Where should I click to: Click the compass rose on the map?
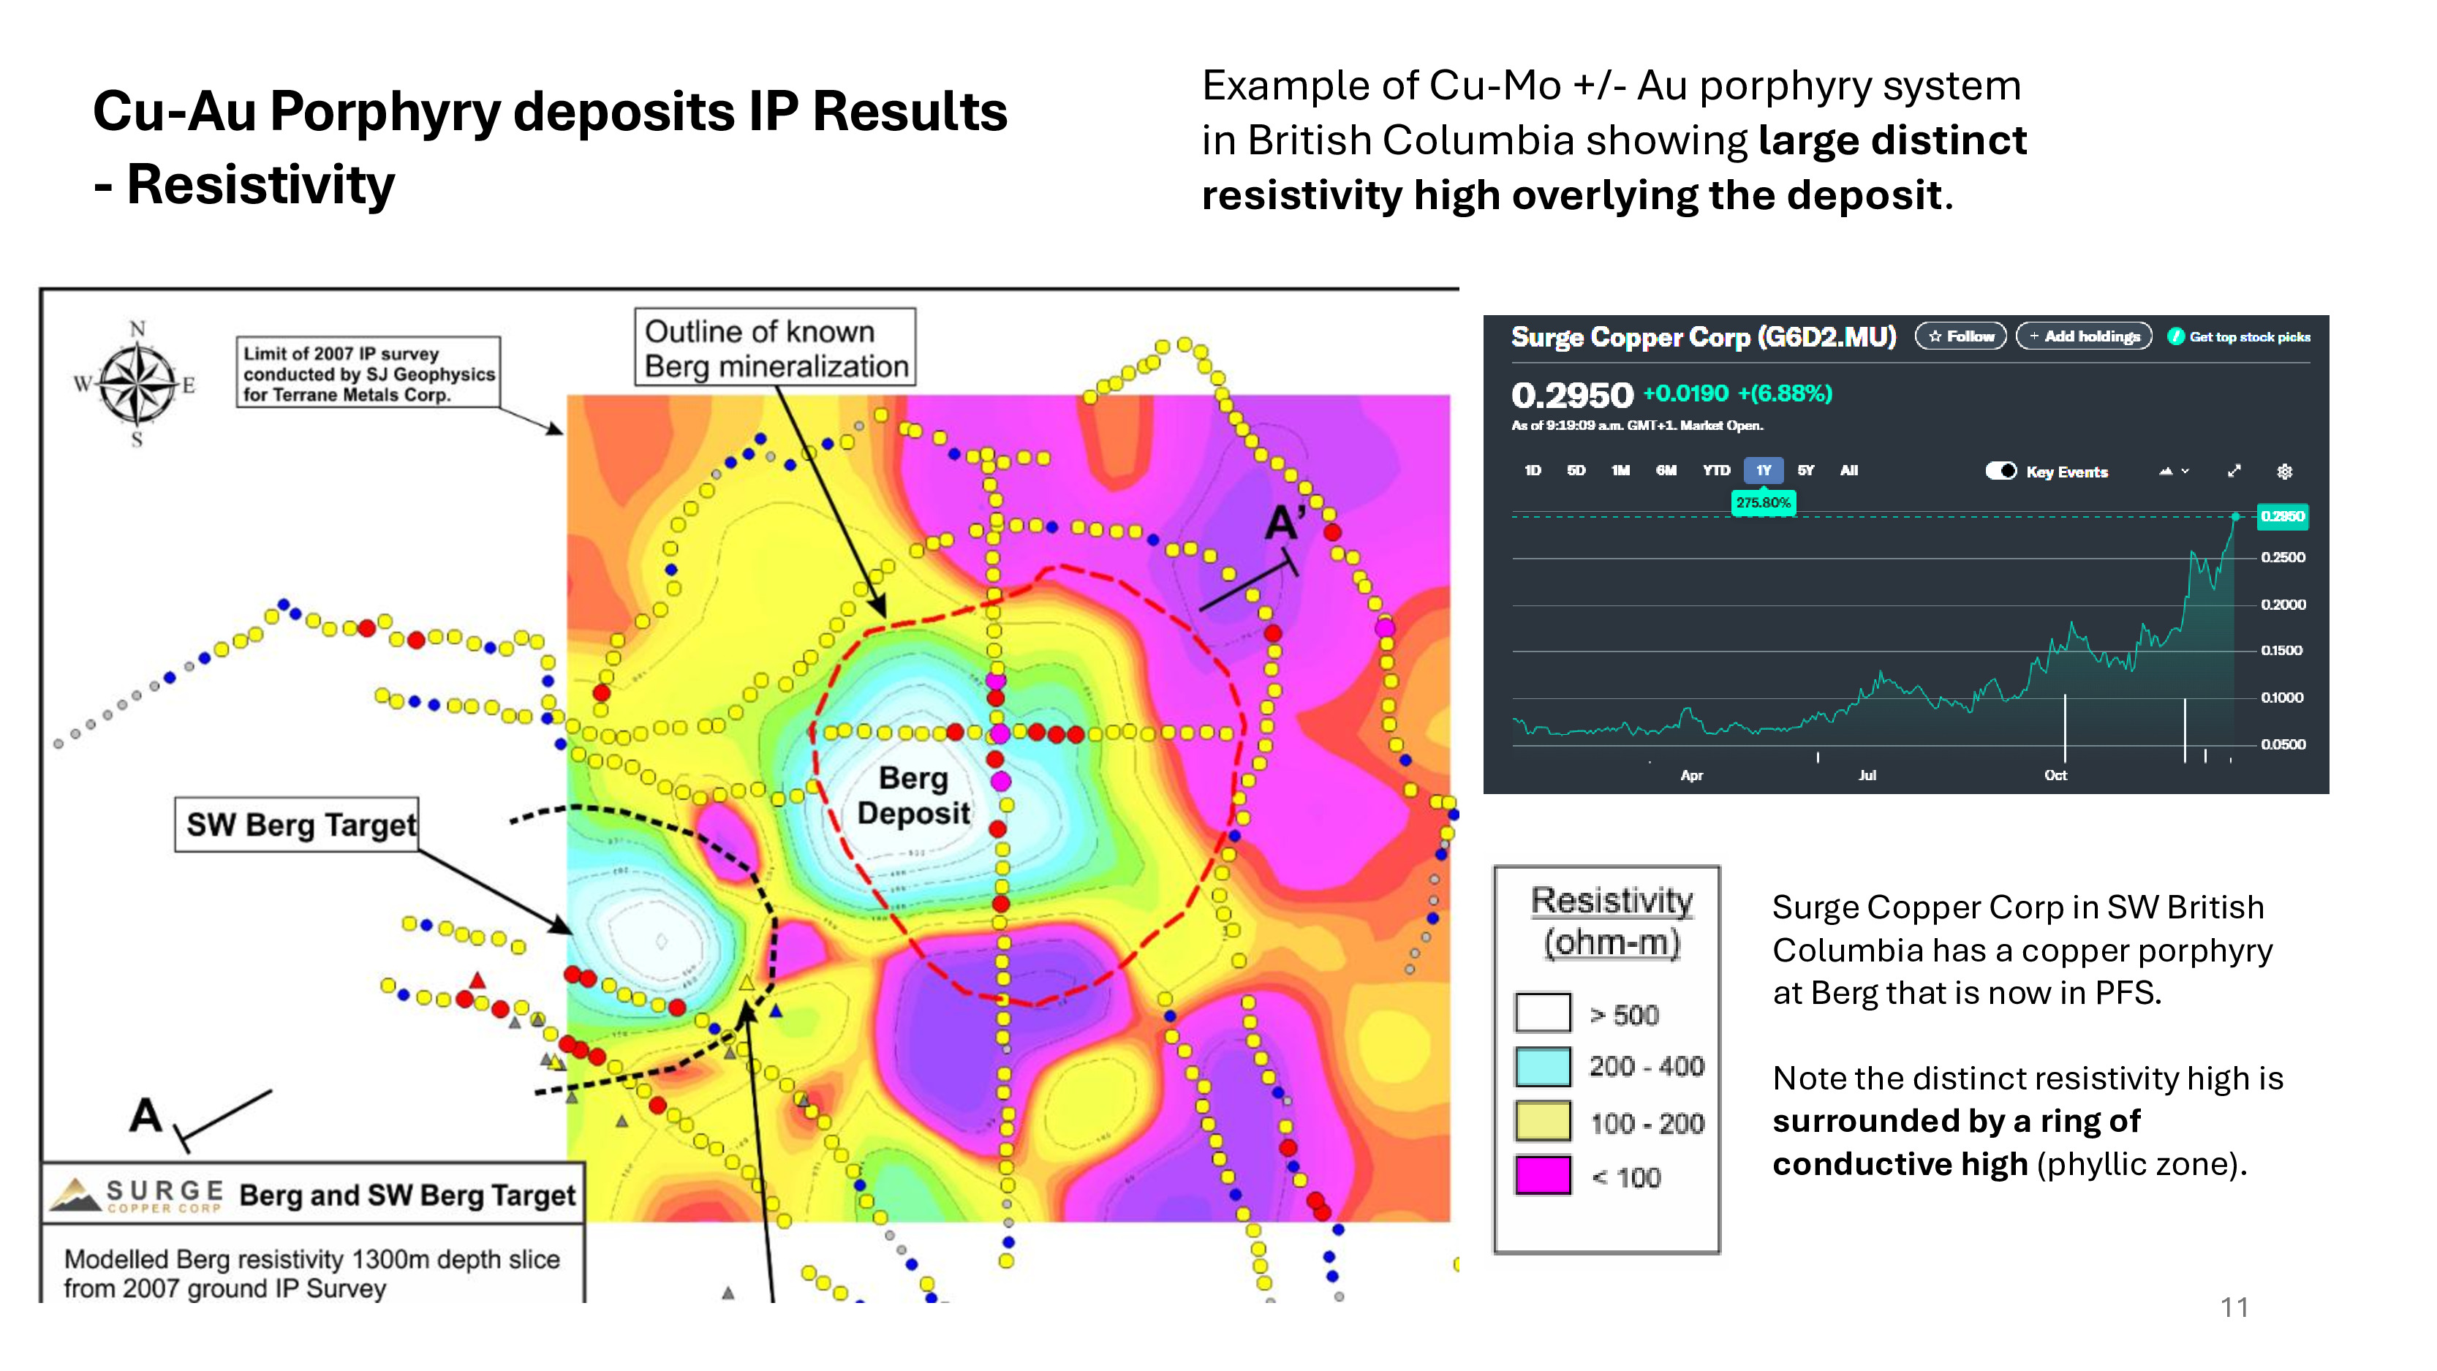[138, 384]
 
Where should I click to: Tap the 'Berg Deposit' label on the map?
[913, 795]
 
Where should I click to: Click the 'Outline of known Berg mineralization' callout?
[775, 347]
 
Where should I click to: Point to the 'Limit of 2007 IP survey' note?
[368, 373]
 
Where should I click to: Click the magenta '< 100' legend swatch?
[1542, 1176]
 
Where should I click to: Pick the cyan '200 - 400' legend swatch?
[1542, 1066]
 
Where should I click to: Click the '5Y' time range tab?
[1805, 470]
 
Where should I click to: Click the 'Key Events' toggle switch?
[2001, 471]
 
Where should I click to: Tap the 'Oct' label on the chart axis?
[2055, 775]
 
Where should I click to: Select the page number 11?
[2234, 1307]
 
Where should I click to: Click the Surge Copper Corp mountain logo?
[76, 1195]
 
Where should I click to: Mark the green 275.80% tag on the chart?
[1762, 502]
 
